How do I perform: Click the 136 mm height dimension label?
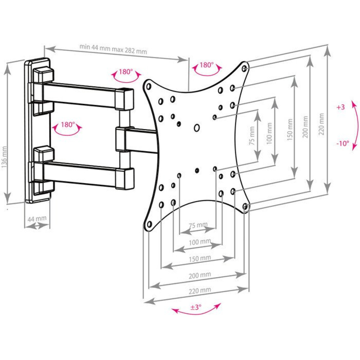pyautogui.click(x=5, y=157)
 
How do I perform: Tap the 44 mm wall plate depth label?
pyautogui.click(x=37, y=219)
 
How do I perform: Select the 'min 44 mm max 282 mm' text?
pyautogui.click(x=113, y=49)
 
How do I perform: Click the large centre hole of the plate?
pyautogui.click(x=197, y=128)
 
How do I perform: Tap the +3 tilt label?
pyautogui.click(x=340, y=107)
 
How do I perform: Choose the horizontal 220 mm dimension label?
pyautogui.click(x=200, y=290)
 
